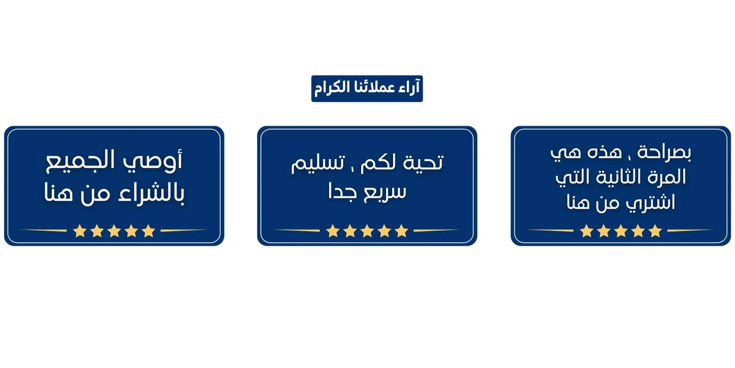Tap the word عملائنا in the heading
(x=374, y=88)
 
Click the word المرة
(x=668, y=178)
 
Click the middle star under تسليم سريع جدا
(x=367, y=231)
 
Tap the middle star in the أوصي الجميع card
(x=114, y=231)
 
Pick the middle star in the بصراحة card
(x=621, y=231)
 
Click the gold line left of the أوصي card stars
(x=44, y=230)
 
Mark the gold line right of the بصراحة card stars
(x=690, y=230)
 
